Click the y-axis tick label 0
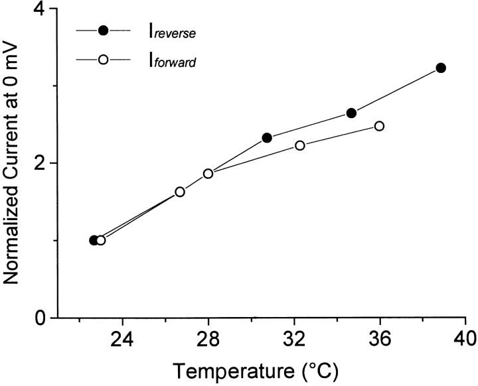[41, 318]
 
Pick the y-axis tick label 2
[41, 163]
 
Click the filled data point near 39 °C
[441, 68]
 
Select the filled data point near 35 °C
[351, 113]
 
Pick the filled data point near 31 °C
[267, 137]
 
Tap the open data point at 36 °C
[379, 126]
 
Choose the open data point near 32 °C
[299, 145]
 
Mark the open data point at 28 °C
[208, 173]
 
